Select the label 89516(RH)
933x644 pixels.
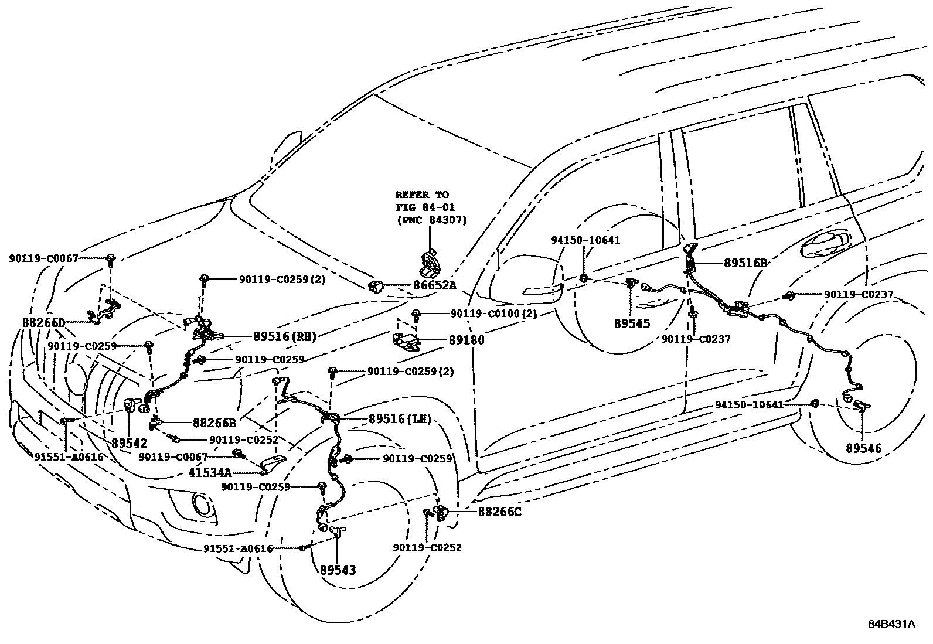click(x=285, y=336)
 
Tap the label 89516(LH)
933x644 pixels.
click(x=400, y=419)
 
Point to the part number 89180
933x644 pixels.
click(x=466, y=339)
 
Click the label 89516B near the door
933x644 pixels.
click(x=745, y=264)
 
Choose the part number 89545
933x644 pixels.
click(x=632, y=323)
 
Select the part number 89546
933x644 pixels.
click(x=863, y=448)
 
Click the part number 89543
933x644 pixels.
click(x=338, y=570)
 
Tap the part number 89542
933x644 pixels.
click(x=130, y=443)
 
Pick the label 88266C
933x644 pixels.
click(x=499, y=512)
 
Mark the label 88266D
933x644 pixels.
click(x=43, y=323)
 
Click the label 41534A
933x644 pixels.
click(x=210, y=472)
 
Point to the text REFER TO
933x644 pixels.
click(x=422, y=195)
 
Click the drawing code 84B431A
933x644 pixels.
click(x=891, y=623)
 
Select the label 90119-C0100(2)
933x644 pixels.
click(x=493, y=314)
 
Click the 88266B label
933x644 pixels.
click(x=214, y=422)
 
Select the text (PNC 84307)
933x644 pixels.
click(x=432, y=220)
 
